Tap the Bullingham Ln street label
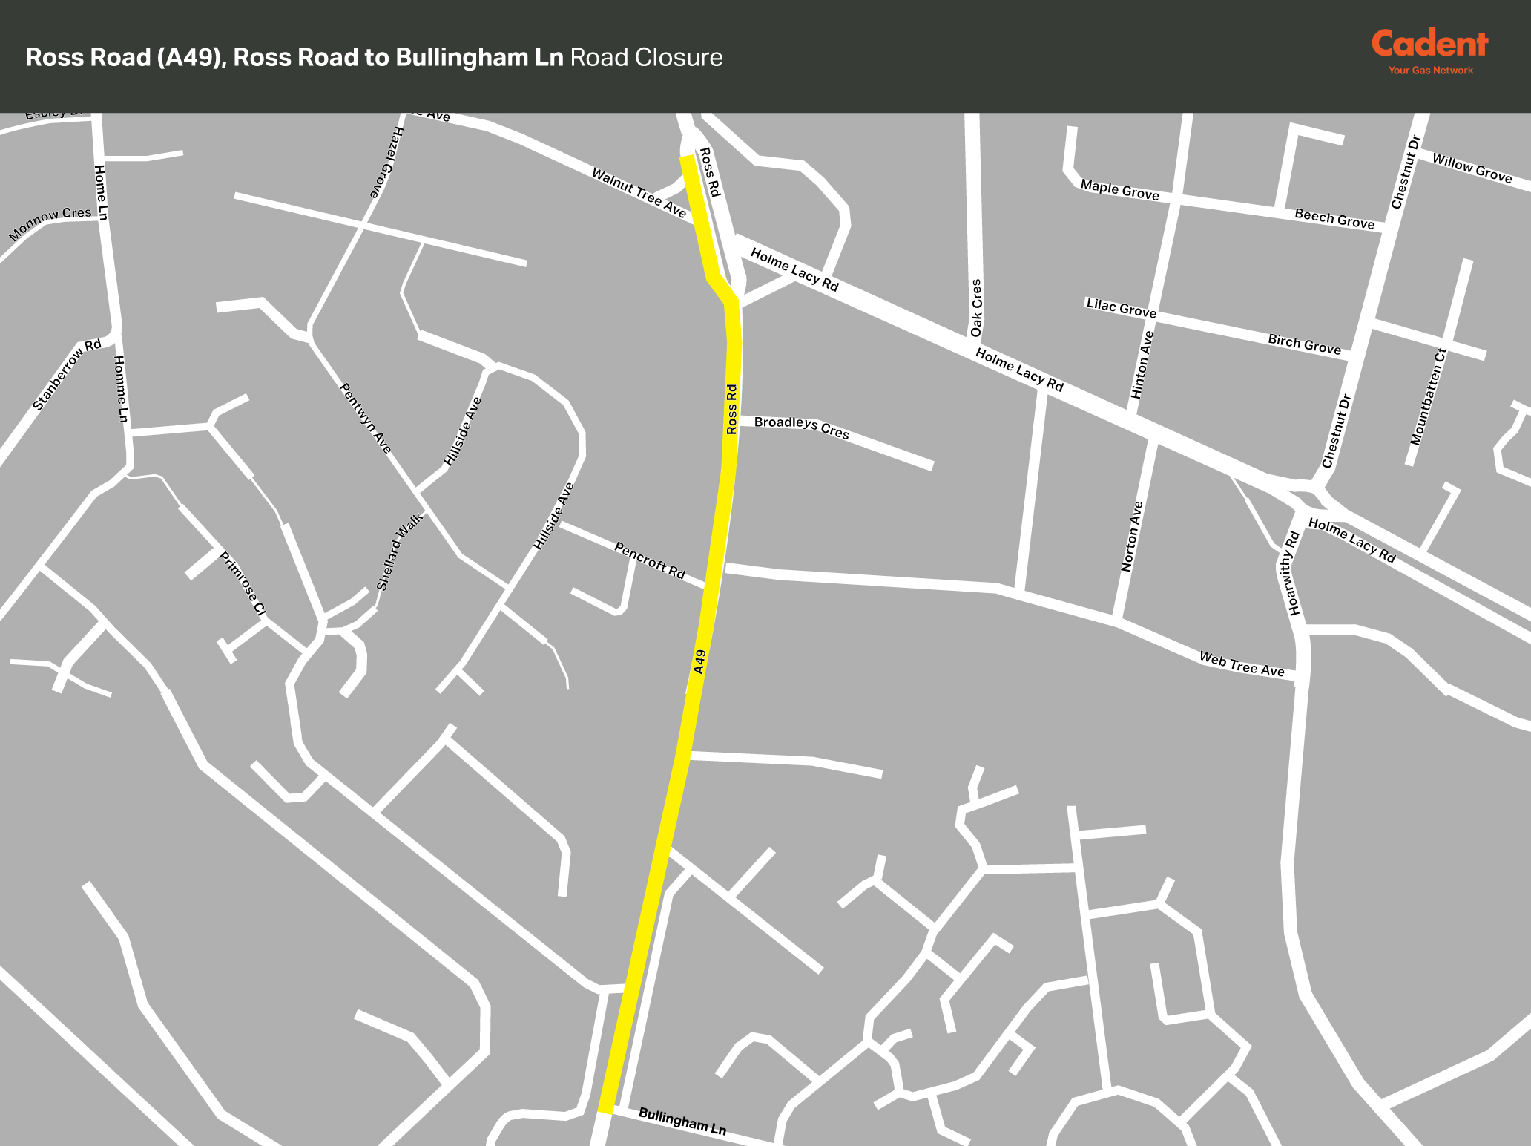pyautogui.click(x=682, y=1121)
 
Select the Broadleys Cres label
pyautogui.click(x=801, y=428)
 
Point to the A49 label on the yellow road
pyautogui.click(x=699, y=661)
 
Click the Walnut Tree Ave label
pyautogui.click(x=639, y=193)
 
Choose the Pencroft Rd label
pyautogui.click(x=650, y=560)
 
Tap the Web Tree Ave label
pyautogui.click(x=1242, y=664)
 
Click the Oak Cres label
pyautogui.click(x=976, y=307)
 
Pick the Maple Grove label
pyautogui.click(x=1119, y=190)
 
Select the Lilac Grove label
pyautogui.click(x=1121, y=307)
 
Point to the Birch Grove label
pyautogui.click(x=1304, y=344)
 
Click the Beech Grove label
pyautogui.click(x=1334, y=218)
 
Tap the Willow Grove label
pyautogui.click(x=1472, y=168)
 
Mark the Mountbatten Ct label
pyautogui.click(x=1429, y=397)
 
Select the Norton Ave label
pyautogui.click(x=1132, y=536)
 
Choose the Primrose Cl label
pyautogui.click(x=243, y=583)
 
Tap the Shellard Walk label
pyautogui.click(x=399, y=551)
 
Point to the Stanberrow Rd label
pyautogui.click(x=67, y=375)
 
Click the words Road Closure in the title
pyautogui.click(x=646, y=58)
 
